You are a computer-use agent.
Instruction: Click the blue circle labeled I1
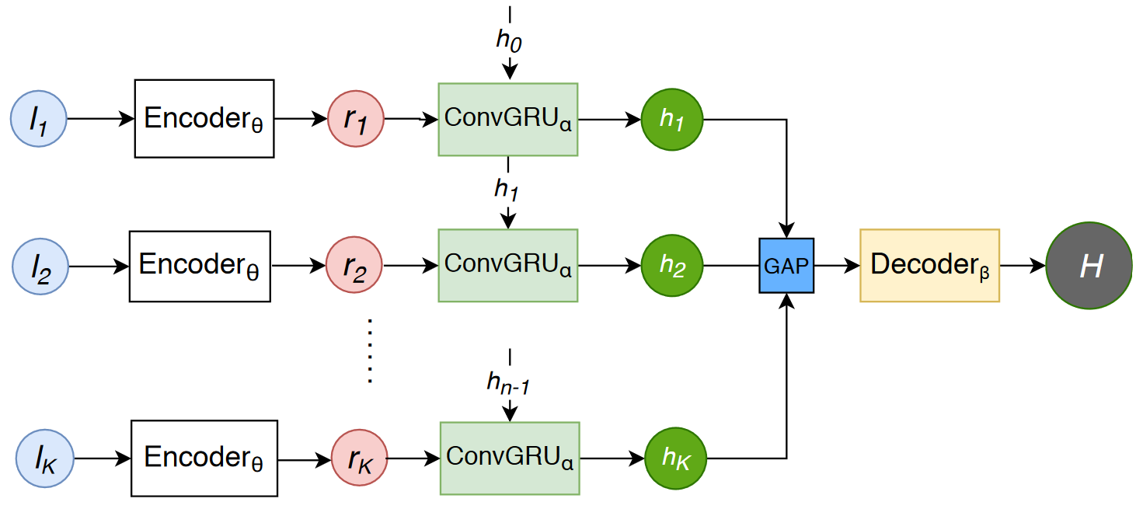click(x=38, y=120)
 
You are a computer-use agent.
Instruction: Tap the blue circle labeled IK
click(x=45, y=458)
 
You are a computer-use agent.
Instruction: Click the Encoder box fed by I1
click(x=204, y=119)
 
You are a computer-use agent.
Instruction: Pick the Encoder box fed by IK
click(x=204, y=458)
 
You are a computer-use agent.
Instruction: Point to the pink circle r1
click(x=357, y=120)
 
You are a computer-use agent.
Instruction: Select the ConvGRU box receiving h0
click(x=508, y=119)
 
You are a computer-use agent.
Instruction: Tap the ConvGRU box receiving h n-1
click(x=510, y=458)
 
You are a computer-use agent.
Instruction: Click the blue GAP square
click(x=786, y=266)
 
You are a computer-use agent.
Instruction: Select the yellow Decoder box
click(x=929, y=266)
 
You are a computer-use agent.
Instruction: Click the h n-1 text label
click(x=508, y=382)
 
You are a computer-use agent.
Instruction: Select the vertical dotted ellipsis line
click(x=371, y=350)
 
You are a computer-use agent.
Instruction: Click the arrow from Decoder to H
click(x=1023, y=266)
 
